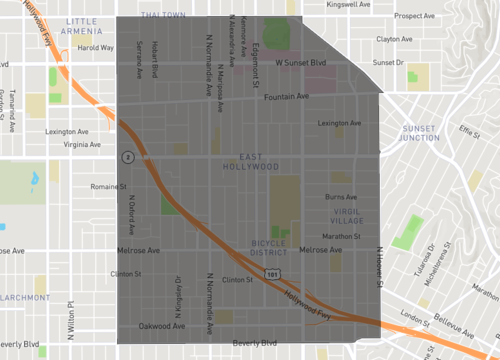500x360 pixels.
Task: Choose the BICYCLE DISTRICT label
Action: click(x=268, y=249)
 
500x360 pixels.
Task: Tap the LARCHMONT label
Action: click(x=24, y=297)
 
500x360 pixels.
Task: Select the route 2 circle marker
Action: click(x=128, y=157)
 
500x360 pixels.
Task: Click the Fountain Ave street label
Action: click(x=286, y=97)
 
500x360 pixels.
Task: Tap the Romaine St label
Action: click(x=108, y=186)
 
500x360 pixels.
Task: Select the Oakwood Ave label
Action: click(x=162, y=326)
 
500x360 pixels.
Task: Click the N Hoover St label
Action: click(x=380, y=265)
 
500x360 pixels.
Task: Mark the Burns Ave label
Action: click(x=341, y=198)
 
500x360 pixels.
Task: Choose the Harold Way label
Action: click(x=95, y=47)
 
